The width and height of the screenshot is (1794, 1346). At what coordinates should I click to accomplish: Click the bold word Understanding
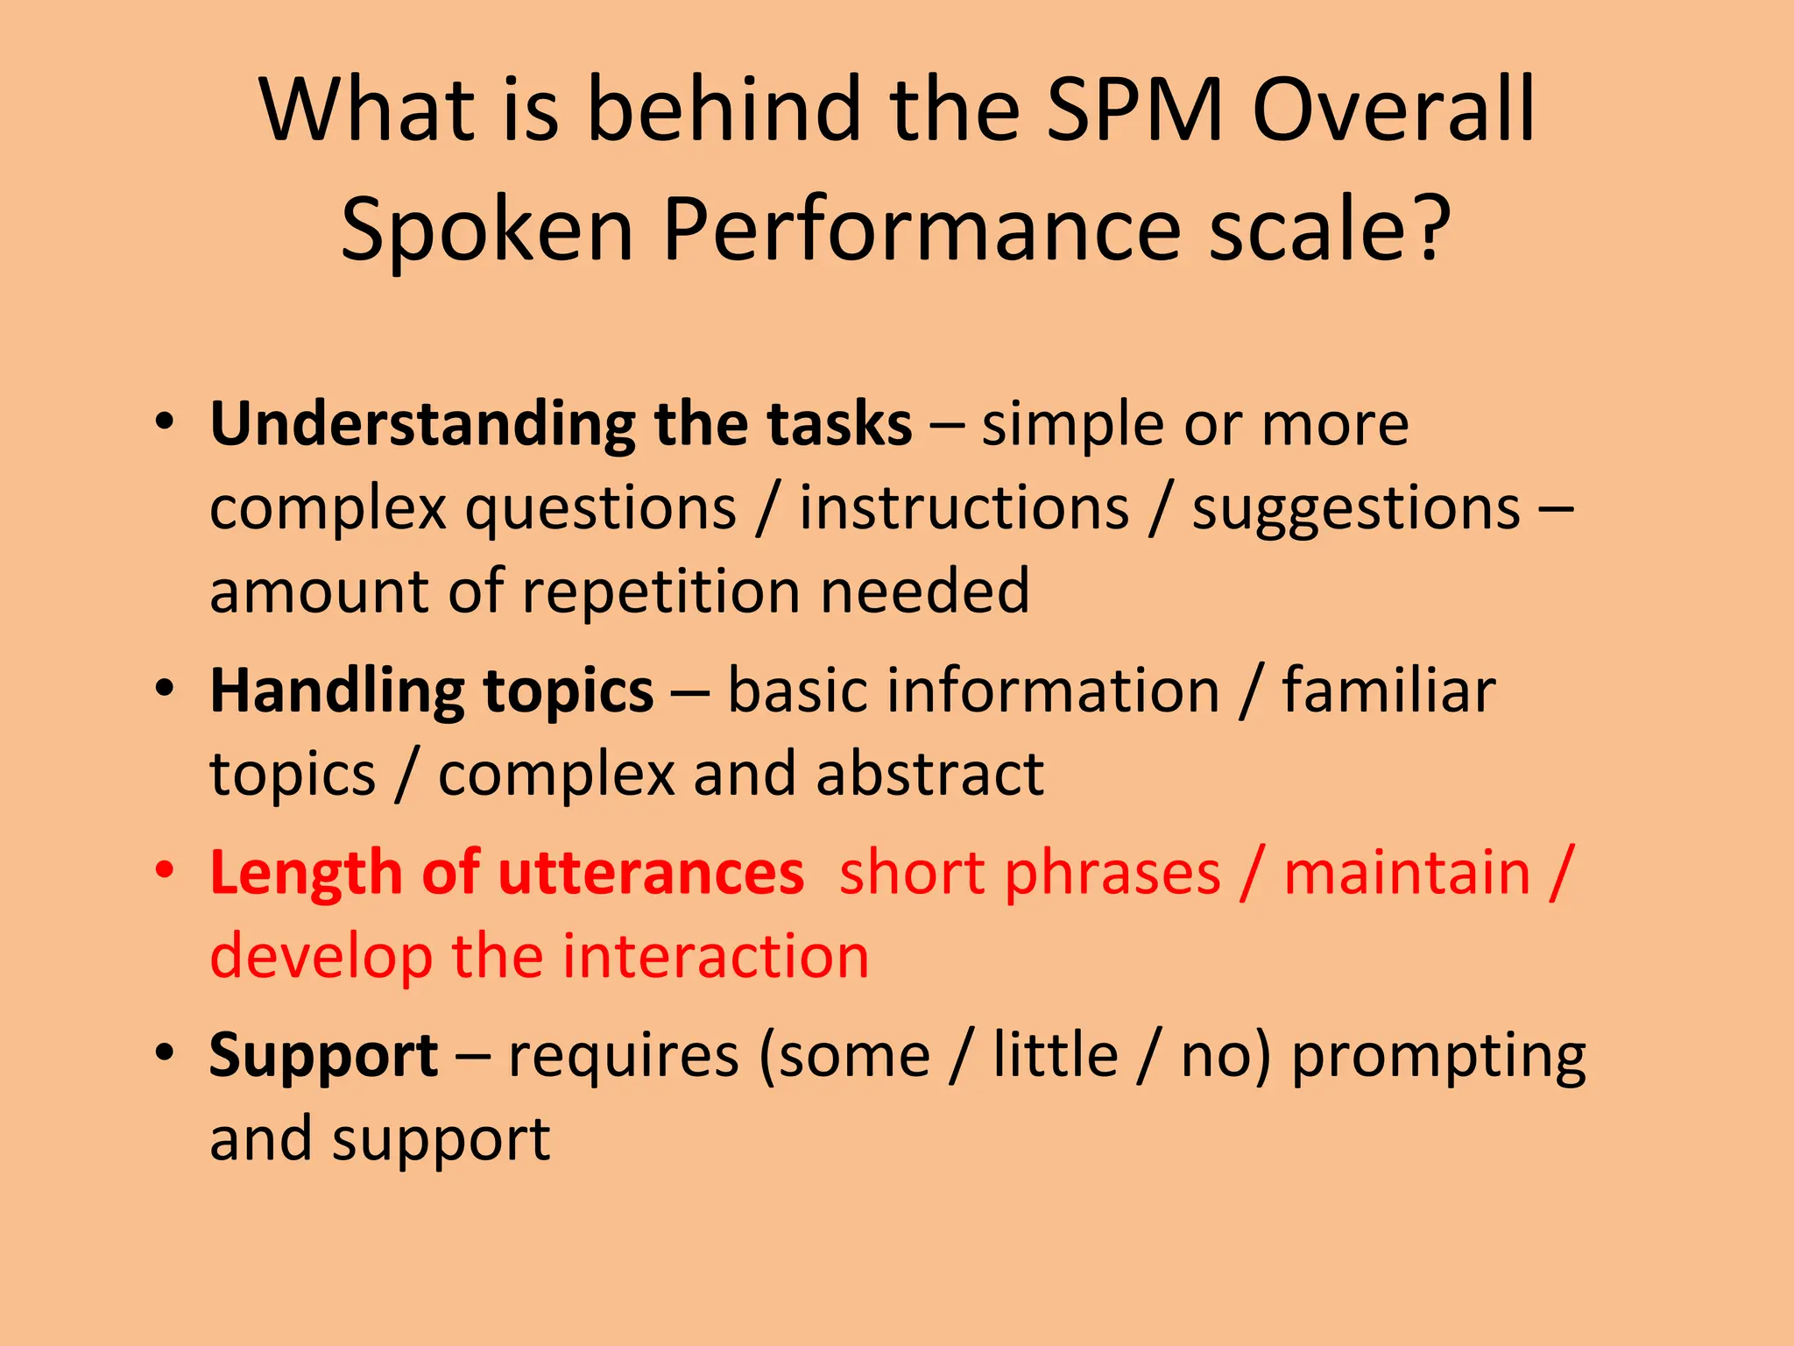coord(422,425)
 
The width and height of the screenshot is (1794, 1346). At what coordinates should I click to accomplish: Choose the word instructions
coord(964,508)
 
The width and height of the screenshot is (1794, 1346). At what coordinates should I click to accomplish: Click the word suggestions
coord(1356,508)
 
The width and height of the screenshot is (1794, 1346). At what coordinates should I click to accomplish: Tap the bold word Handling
coord(336,692)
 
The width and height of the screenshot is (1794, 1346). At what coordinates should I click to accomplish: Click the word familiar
coord(1389,691)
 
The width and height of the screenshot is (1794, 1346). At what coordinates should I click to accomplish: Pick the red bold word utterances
coord(651,874)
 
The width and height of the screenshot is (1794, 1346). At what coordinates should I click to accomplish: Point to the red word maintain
coord(1407,874)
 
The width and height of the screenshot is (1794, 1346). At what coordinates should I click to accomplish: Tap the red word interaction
coord(716,956)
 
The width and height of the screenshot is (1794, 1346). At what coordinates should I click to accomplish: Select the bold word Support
coord(323,1057)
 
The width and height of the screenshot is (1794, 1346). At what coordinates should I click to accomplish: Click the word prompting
coord(1439,1057)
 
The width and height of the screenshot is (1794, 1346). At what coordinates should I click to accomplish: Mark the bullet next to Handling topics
coord(165,688)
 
